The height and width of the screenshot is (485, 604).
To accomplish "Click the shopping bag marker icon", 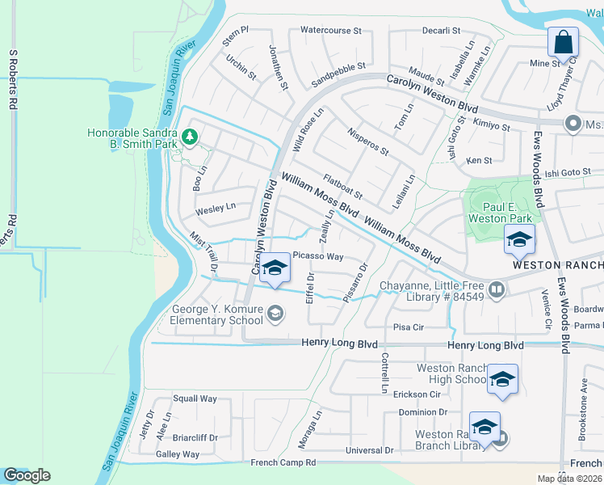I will (x=563, y=41).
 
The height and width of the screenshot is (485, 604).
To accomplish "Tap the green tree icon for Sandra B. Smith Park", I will (x=190, y=137).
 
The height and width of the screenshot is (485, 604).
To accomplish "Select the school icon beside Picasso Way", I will (x=275, y=268).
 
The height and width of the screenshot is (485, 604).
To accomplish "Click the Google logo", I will (x=26, y=475).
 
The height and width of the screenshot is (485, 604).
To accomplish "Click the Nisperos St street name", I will (x=367, y=140).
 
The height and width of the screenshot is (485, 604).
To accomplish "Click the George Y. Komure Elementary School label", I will (x=217, y=314).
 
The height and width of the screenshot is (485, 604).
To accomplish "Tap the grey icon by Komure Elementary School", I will (x=275, y=314).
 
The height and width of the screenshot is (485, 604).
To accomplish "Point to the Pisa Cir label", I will (x=409, y=327).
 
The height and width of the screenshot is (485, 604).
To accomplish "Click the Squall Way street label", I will (x=195, y=399).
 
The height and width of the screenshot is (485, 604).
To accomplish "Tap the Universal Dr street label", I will (x=369, y=450).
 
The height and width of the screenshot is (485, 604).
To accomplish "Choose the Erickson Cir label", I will (x=417, y=394).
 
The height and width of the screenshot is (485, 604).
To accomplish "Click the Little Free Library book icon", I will (x=497, y=289).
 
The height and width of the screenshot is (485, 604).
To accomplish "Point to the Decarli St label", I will (x=441, y=31).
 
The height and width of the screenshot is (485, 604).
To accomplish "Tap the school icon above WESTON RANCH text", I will (x=518, y=238).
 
